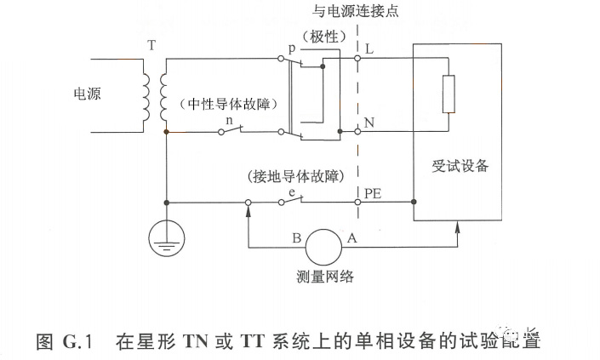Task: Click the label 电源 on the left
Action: (x=88, y=94)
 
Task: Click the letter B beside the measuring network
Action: (x=296, y=239)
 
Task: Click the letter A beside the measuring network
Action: (x=351, y=239)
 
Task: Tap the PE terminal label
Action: (x=372, y=193)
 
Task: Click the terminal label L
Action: (x=369, y=50)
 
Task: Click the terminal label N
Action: (x=369, y=123)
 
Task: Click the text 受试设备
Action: (x=460, y=166)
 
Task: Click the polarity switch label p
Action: (x=291, y=49)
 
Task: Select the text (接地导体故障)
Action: (x=294, y=177)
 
